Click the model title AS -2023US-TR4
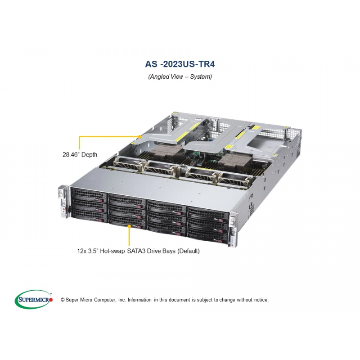point(180,64)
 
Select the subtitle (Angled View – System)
point(180,76)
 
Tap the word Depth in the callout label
point(89,154)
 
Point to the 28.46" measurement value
point(71,154)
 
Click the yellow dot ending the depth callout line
point(139,137)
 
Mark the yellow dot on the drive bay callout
point(129,226)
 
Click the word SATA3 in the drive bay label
point(136,251)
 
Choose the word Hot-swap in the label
point(112,251)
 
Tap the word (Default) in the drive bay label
point(188,251)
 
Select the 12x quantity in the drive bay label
point(81,251)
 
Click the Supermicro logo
point(34,299)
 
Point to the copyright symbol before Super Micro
point(63,300)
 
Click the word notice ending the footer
point(261,300)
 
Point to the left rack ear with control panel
point(63,202)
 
